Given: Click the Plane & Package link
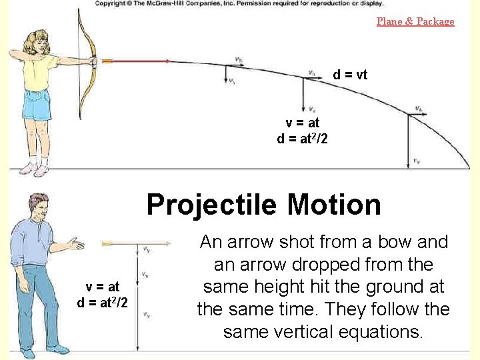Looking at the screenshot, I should [415, 21].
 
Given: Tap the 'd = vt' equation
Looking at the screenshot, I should [350, 75].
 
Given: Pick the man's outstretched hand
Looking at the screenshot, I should [77, 245].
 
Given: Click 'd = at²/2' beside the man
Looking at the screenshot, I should [103, 301].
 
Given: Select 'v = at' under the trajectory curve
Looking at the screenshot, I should [303, 123].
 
